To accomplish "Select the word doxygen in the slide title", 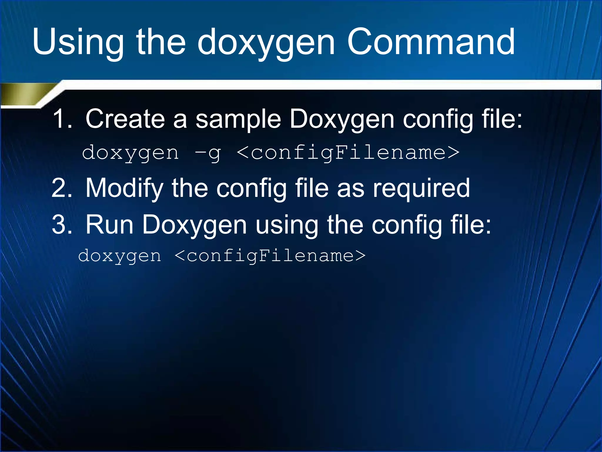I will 266,43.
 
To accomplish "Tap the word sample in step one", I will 238,119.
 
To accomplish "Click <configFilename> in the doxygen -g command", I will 348,152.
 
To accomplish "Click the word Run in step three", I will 109,225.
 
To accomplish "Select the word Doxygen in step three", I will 194,225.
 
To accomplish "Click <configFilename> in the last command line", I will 270,255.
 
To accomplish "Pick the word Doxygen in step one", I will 342,119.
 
